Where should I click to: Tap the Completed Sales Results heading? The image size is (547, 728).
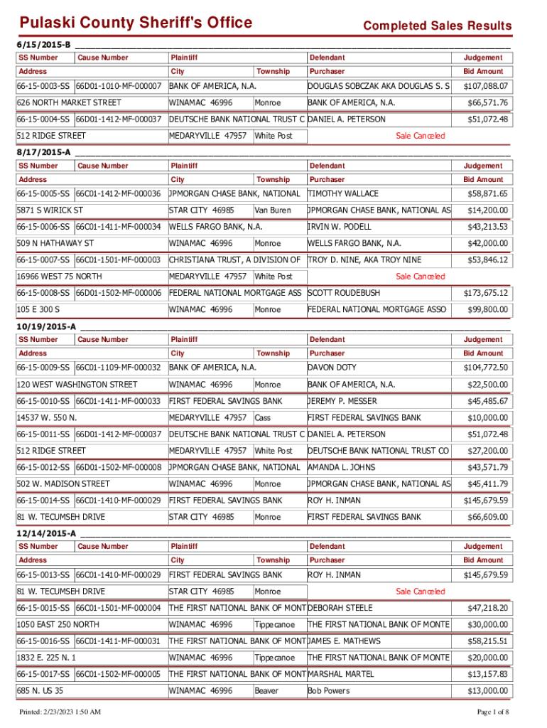tap(437, 26)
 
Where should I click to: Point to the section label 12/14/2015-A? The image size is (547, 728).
tap(47, 532)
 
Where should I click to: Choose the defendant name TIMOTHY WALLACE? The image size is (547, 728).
tap(343, 193)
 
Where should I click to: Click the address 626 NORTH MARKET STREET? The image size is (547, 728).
tap(69, 103)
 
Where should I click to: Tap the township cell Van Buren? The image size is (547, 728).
tap(273, 210)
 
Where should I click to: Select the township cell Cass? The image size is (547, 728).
tap(262, 417)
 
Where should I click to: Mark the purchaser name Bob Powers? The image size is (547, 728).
tap(328, 690)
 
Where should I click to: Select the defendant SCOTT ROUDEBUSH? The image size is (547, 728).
tap(344, 293)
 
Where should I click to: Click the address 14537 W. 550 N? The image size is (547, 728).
tap(47, 417)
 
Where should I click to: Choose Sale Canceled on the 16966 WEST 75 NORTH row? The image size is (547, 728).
tap(420, 277)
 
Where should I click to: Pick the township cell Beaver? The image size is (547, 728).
tap(266, 690)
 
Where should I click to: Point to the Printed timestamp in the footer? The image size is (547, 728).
tap(60, 712)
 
